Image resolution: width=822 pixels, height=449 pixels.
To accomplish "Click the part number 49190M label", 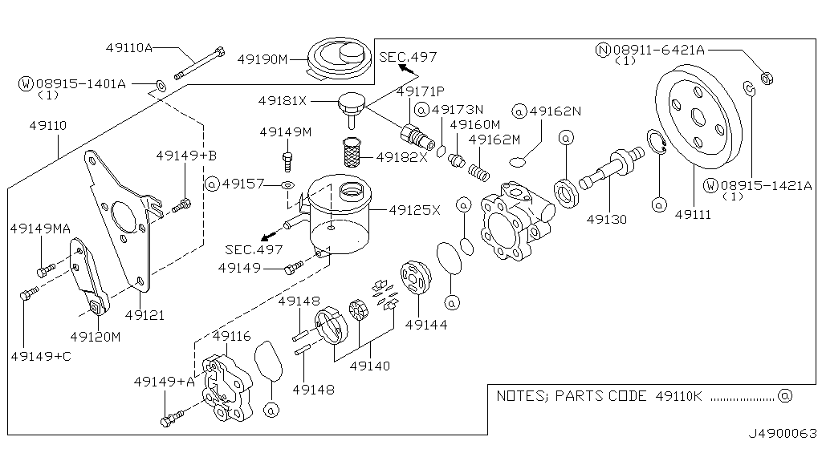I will pos(262,59).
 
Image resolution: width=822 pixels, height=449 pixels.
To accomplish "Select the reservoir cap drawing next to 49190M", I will pos(338,57).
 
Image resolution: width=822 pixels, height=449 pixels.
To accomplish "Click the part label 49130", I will pos(606,218).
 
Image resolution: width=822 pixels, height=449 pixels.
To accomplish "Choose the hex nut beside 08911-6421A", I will pos(766,78).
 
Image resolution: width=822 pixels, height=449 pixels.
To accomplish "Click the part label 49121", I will pos(144,315).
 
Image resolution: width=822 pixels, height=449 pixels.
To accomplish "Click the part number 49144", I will pos(426,325).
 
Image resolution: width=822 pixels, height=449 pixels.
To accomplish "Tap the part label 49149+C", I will pos(41,355).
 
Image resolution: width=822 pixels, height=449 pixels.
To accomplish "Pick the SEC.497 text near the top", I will pos(408,56).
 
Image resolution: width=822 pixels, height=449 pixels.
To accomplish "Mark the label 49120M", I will pos(95,336).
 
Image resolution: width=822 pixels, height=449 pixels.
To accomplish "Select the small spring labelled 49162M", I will pos(480,170).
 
